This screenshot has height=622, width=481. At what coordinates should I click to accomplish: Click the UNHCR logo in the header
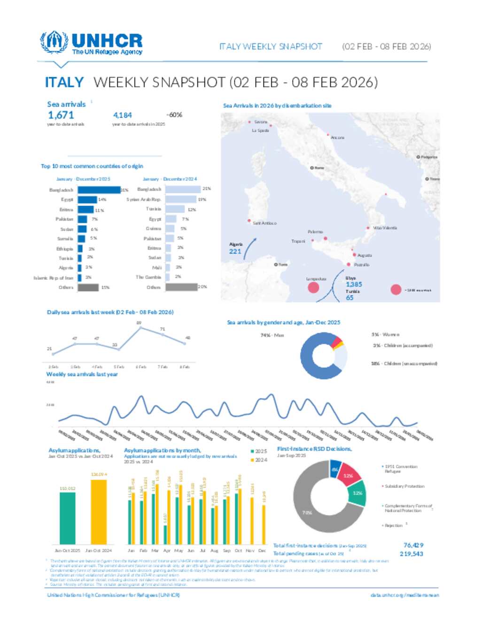coord(91,43)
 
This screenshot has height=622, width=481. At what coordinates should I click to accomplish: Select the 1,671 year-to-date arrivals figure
coord(61,115)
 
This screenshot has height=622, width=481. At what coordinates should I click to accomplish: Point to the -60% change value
coord(174,115)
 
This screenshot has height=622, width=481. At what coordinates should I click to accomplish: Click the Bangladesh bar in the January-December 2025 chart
coord(99,190)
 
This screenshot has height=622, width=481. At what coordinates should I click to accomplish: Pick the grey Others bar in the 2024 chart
coord(181,287)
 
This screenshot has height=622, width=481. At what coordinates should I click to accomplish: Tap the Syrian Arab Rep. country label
coord(143,200)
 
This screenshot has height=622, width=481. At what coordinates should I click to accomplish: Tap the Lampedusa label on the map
coord(316,279)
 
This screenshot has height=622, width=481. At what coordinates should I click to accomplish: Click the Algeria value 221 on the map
coord(235,252)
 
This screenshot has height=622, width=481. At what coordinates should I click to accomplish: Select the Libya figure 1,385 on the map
coord(354,284)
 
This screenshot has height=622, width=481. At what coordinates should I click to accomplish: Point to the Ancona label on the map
coord(337,138)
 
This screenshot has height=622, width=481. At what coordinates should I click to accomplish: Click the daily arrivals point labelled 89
coord(140,328)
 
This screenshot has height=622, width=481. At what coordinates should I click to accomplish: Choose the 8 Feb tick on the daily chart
coord(185,367)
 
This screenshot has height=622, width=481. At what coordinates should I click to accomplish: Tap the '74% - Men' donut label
coord(272,335)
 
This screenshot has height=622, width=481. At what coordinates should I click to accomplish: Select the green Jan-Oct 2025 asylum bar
coord(67,518)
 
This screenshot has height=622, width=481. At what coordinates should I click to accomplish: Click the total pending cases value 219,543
coord(411,554)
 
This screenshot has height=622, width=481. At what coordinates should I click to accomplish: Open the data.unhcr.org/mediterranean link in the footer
coord(404,595)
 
